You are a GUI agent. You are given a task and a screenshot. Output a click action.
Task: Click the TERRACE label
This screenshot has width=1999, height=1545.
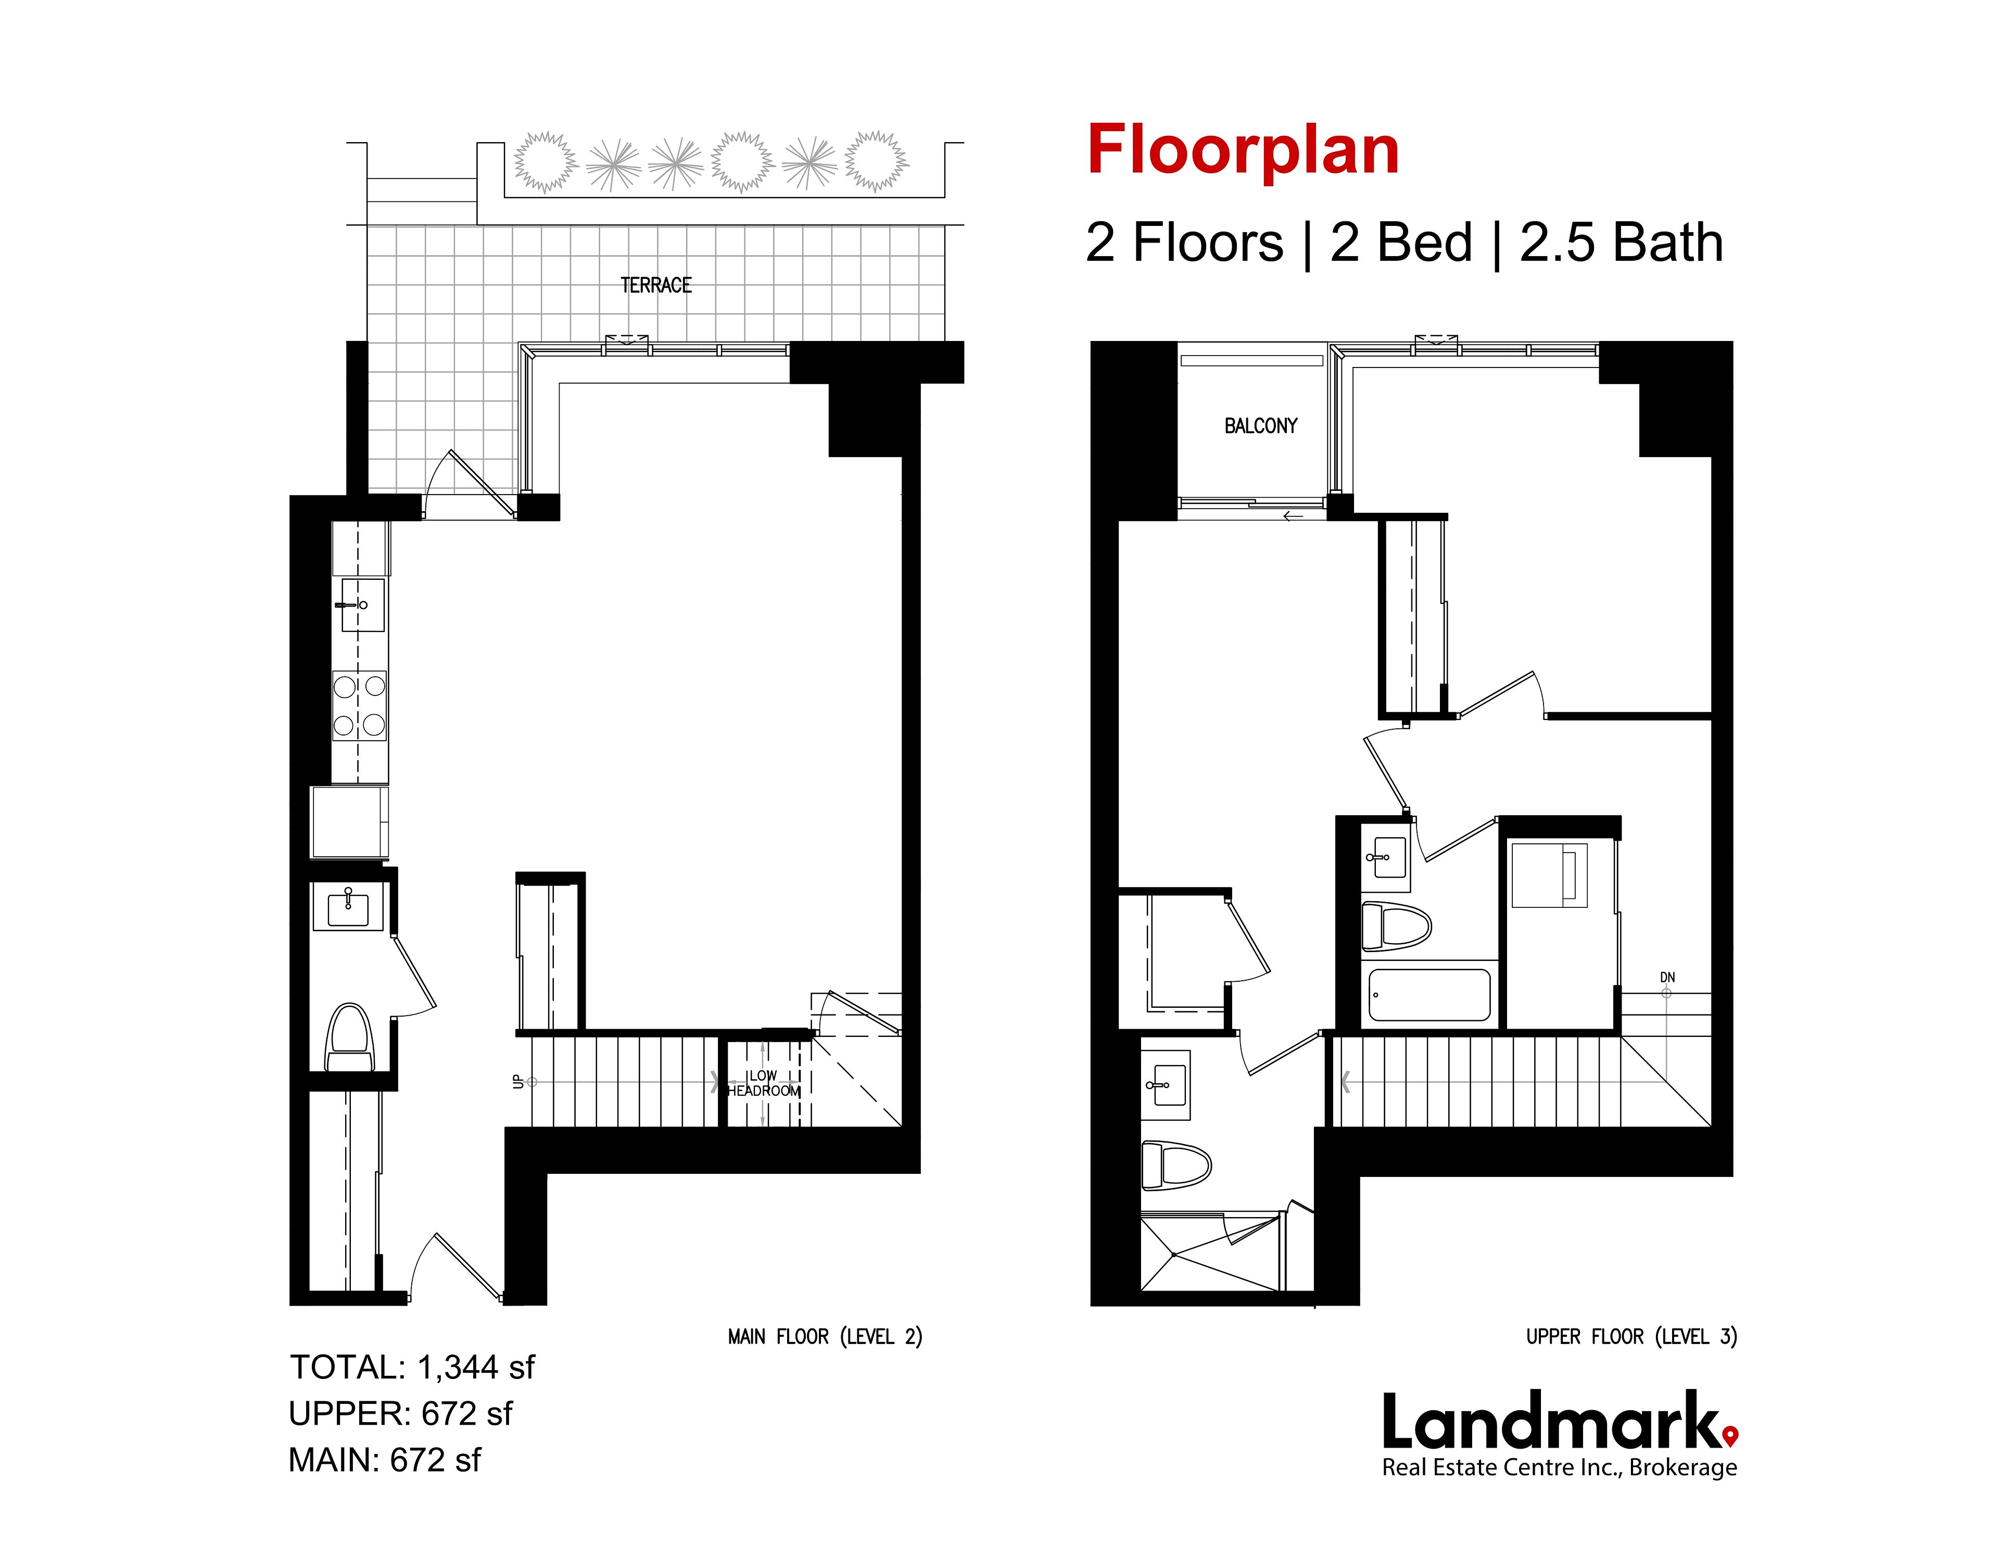tap(656, 286)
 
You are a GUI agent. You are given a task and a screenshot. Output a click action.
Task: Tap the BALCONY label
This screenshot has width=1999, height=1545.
tap(1260, 426)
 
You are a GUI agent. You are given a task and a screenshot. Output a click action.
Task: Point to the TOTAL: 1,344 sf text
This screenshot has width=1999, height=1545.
tap(412, 1367)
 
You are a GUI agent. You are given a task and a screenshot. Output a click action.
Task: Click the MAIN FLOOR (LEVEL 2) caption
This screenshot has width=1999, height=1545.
tap(825, 1337)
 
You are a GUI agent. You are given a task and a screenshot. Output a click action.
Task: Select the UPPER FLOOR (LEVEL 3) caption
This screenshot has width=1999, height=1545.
tap(1631, 1337)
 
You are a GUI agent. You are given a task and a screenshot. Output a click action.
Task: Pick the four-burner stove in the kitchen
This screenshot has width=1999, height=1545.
tap(359, 706)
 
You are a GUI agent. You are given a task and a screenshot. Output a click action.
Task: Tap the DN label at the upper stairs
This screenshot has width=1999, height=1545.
tap(1668, 978)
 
